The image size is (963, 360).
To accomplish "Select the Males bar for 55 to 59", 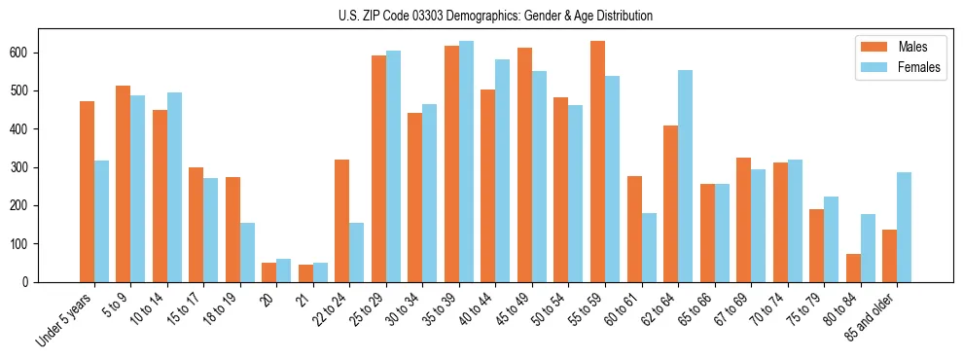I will click(598, 162).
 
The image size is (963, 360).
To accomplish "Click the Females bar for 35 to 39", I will click(467, 162).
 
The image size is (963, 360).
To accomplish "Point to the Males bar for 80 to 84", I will click(853, 268).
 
